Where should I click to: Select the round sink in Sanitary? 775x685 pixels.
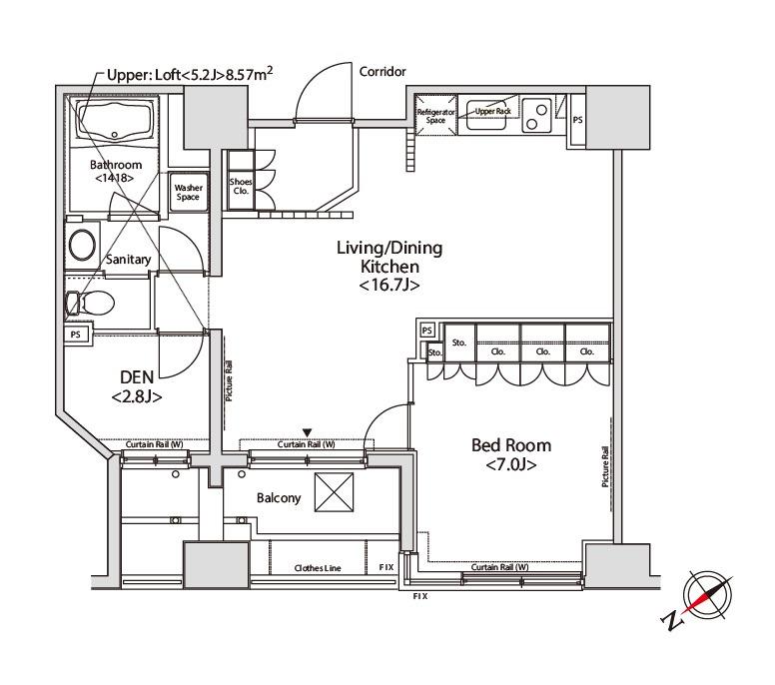click(x=82, y=245)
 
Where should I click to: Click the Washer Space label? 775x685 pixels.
click(x=189, y=193)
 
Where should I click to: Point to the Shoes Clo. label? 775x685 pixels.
click(x=241, y=187)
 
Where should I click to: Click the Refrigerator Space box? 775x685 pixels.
click(x=435, y=115)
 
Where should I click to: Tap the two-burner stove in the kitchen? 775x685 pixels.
click(x=537, y=116)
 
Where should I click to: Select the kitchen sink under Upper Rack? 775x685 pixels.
click(x=486, y=117)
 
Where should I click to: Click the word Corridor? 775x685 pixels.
click(x=383, y=72)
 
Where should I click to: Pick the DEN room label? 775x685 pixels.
click(x=137, y=377)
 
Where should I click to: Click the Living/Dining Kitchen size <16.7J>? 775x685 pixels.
click(x=389, y=286)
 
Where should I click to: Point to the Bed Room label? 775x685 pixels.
click(x=511, y=445)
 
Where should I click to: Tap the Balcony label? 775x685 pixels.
click(x=279, y=498)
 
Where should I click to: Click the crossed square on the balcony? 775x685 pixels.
click(x=335, y=492)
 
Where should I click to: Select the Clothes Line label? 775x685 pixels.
click(x=318, y=568)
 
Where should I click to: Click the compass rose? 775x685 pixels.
click(x=707, y=595)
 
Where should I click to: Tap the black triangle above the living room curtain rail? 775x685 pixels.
click(x=307, y=433)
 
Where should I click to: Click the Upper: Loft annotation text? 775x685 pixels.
click(x=190, y=75)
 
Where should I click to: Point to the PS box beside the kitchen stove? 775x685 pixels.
click(x=578, y=120)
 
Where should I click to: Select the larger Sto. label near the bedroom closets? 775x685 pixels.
click(x=459, y=342)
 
